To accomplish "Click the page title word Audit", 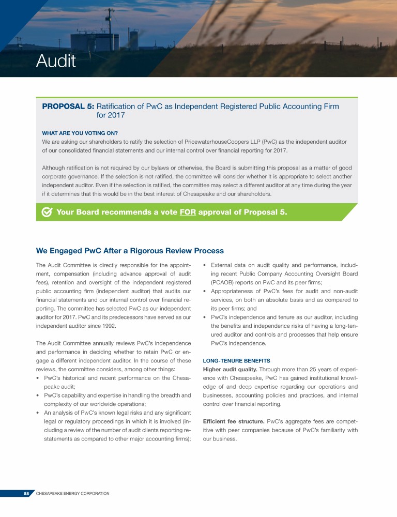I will pyautogui.click(x=56, y=62).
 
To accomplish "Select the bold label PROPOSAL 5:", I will pyautogui.click(x=68, y=107).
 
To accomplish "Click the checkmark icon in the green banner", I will pyautogui.click(x=47, y=212).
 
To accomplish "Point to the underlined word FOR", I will pyautogui.click(x=187, y=212).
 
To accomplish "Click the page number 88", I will pyautogui.click(x=26, y=494).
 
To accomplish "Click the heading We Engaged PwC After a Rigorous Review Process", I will pyautogui.click(x=130, y=251).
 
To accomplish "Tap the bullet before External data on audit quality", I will pyautogui.click(x=206, y=265).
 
